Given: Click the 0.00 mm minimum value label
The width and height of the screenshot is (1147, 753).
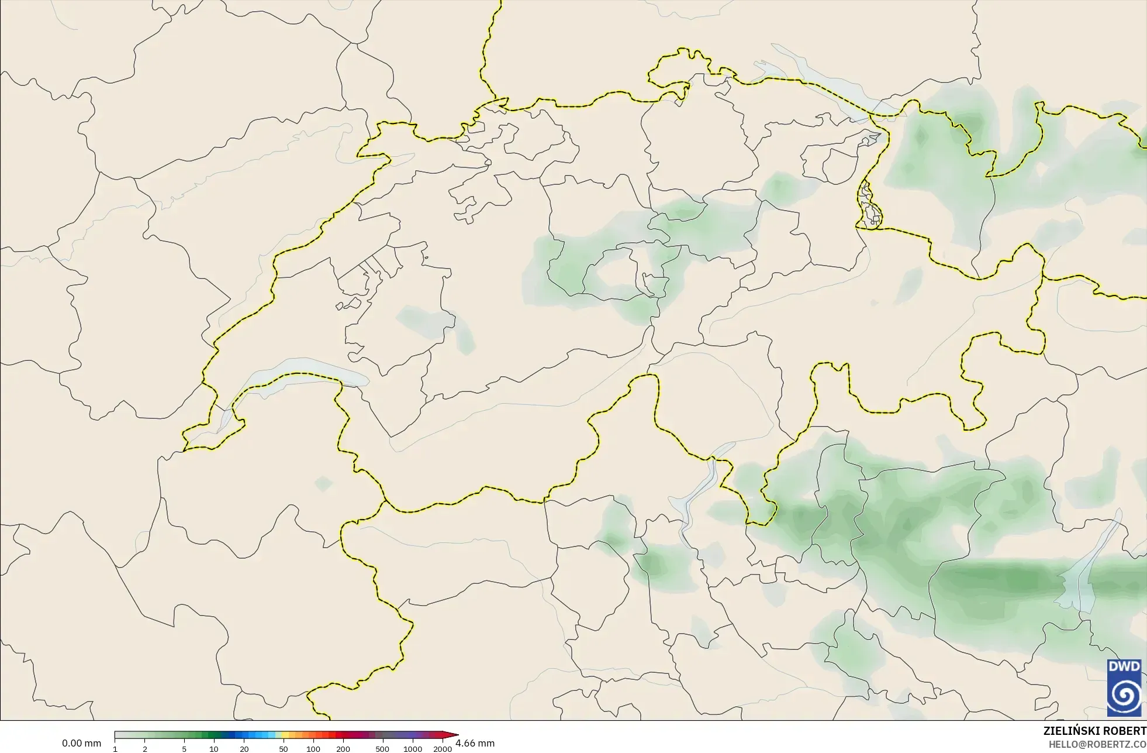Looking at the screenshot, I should [81, 744].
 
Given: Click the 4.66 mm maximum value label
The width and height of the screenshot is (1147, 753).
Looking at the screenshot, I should [475, 744].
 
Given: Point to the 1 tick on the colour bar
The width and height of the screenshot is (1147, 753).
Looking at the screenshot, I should [115, 749].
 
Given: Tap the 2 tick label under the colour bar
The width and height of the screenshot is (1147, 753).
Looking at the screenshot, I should [145, 749].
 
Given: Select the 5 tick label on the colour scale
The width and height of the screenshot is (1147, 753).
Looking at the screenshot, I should [184, 749].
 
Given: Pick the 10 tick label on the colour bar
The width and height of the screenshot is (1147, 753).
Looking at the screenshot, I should [214, 749].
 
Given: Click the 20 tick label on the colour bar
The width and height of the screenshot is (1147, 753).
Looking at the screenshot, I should [244, 749].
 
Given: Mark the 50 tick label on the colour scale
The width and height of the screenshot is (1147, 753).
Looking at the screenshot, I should [284, 749].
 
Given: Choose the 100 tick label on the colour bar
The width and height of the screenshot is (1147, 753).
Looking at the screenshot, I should [313, 749].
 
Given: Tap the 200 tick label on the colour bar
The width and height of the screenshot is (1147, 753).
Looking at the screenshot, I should [343, 749].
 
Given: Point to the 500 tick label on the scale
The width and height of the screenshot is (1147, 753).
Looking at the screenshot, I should [382, 749].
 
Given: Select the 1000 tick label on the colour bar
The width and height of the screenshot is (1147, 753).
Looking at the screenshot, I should [413, 749].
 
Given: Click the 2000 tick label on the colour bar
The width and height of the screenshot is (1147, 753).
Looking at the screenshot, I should [443, 749].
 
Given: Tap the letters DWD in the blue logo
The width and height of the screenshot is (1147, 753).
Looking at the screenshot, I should [1124, 666].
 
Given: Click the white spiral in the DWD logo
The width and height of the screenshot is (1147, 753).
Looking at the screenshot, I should [1124, 696].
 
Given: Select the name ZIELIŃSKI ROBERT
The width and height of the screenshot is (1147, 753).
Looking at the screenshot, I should [1094, 731].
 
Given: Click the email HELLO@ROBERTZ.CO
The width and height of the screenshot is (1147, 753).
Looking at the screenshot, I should [1096, 744].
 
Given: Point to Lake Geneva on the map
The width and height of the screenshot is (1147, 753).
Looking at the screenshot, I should [292, 380].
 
